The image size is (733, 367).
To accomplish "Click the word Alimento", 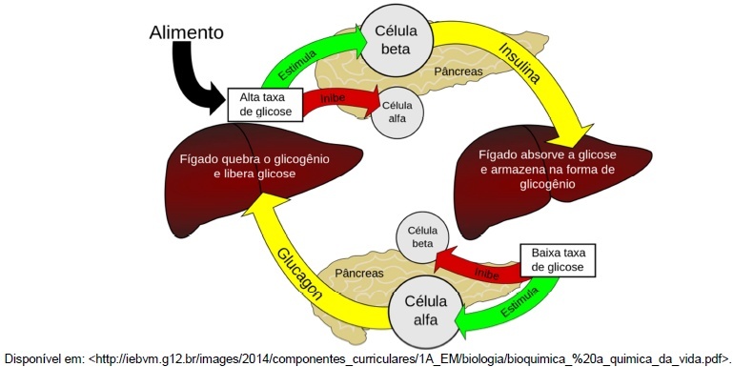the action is coord(187,32).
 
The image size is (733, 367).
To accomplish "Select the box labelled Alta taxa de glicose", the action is coord(265,104).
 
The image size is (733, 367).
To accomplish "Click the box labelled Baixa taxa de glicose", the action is coord(558,260).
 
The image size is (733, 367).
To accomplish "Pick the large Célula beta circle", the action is coord(396,40).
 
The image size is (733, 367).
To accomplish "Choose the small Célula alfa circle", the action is coord(397,112).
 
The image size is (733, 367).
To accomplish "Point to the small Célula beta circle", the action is coord(422,237).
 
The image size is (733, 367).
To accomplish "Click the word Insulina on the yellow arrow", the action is coord(519,63).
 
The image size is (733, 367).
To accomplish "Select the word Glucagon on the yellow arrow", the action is coord(300,274).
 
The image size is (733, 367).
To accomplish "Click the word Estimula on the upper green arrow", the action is coord(296,65).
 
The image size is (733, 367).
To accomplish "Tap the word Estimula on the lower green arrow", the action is coord(519,302).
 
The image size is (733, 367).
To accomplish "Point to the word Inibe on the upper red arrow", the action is coord(333,98).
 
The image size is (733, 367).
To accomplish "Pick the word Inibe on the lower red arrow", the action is coord(486,273).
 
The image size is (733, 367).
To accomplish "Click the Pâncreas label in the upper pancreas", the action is coord(458,71).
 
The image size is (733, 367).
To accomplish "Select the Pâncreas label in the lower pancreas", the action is coord(359,273).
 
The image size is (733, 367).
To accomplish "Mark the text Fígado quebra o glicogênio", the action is coord(255,159).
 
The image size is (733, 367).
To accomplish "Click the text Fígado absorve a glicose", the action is coord(547,154).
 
